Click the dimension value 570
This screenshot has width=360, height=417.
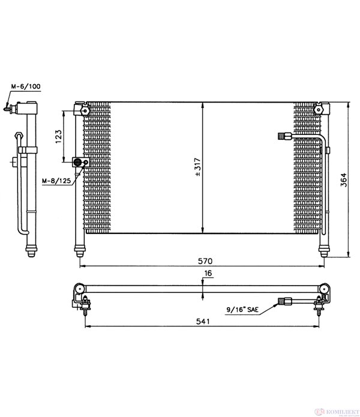(x=205, y=261)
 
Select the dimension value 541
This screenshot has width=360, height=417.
(x=203, y=322)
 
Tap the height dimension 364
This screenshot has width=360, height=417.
(x=344, y=180)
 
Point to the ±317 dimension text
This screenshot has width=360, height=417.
(x=197, y=167)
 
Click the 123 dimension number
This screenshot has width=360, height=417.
(x=58, y=136)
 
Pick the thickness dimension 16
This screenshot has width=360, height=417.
(x=208, y=273)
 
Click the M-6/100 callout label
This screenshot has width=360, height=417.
(x=26, y=86)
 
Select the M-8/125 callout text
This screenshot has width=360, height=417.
(x=56, y=181)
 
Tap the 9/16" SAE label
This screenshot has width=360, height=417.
(x=242, y=309)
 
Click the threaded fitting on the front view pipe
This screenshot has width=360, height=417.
(x=284, y=136)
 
